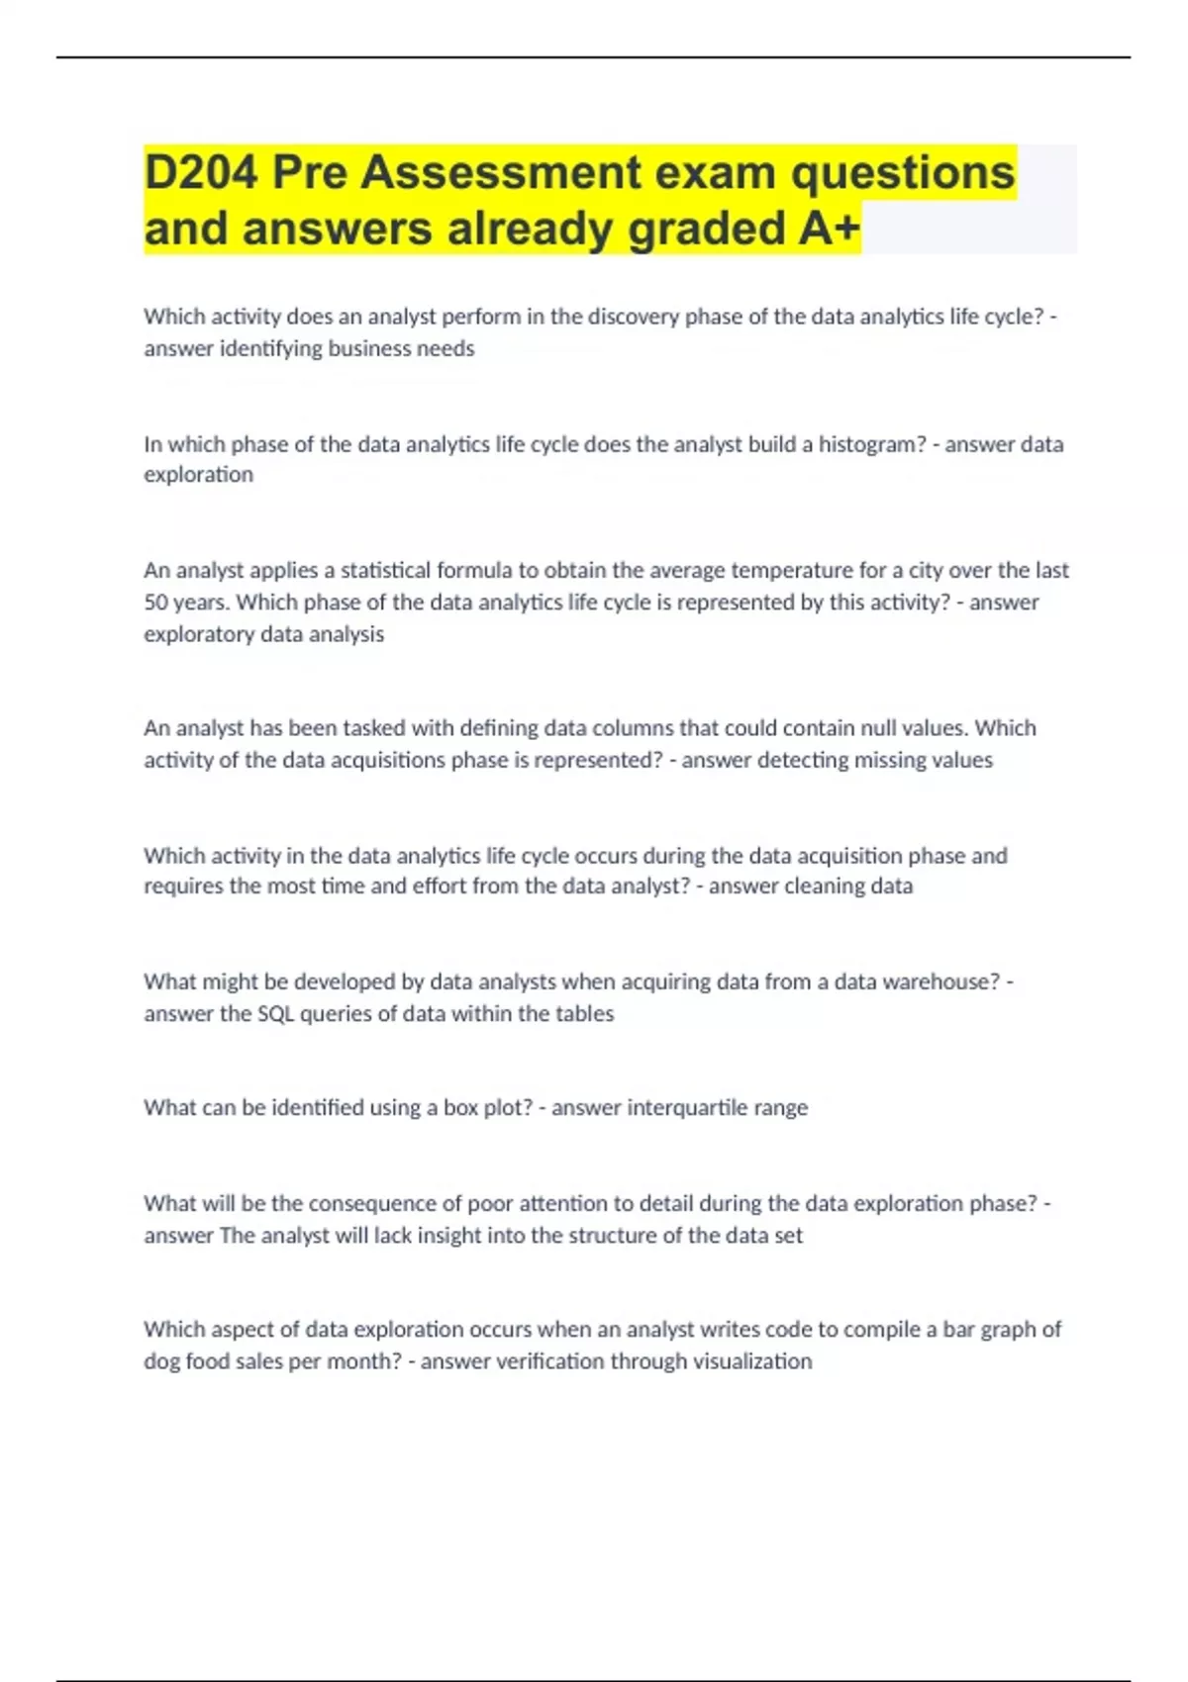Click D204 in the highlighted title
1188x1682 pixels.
coord(201,172)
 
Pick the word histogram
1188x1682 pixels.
coord(871,444)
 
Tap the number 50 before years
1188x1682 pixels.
coord(156,602)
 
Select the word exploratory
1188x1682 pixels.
coord(195,633)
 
